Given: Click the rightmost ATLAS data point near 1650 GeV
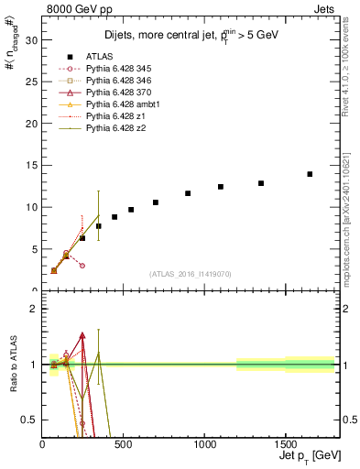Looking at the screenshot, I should click(310, 174).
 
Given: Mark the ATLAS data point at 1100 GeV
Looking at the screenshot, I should click(221, 187).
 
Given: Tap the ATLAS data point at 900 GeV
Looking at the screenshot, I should click(188, 193).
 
